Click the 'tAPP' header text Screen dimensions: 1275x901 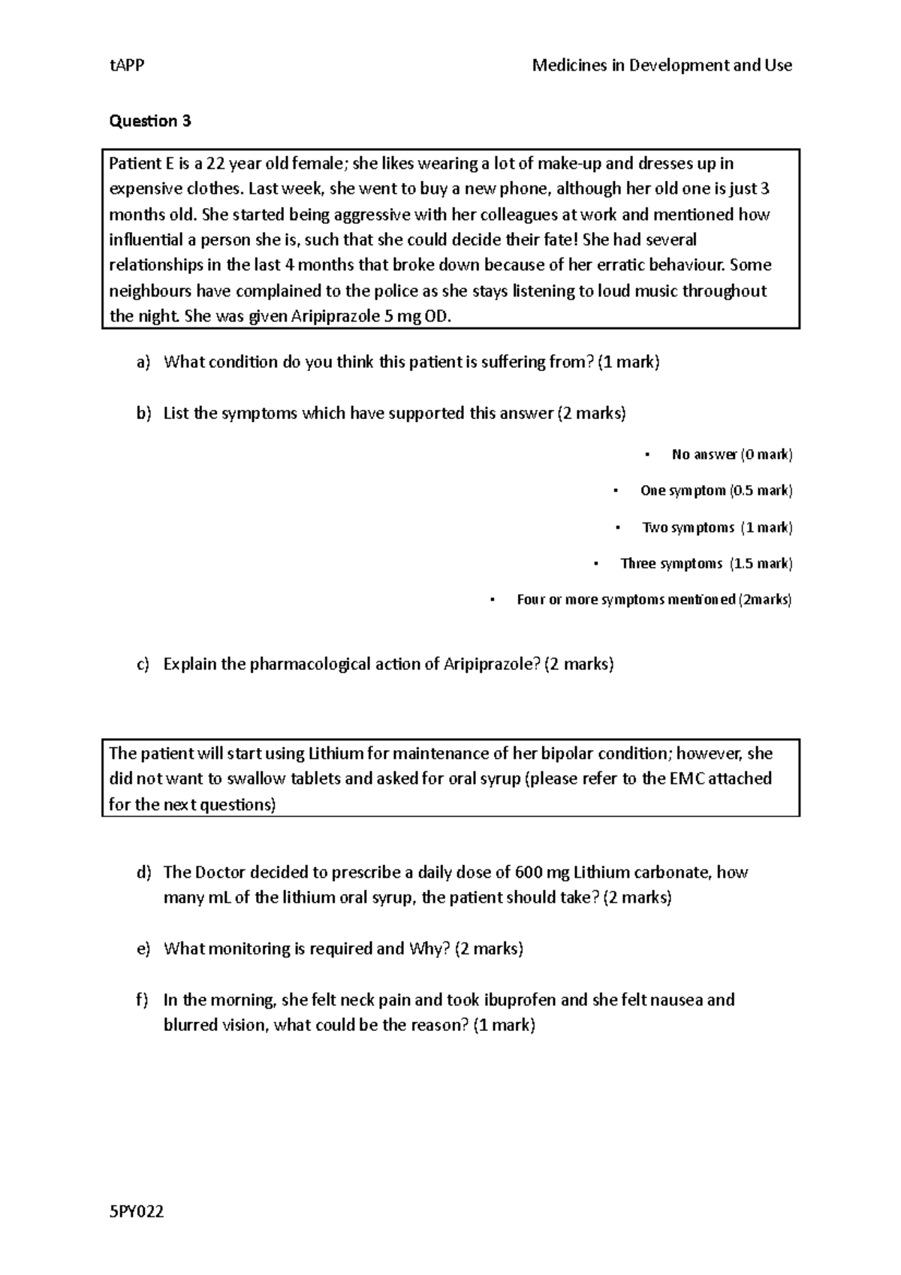126,65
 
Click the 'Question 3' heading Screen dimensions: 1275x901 150,121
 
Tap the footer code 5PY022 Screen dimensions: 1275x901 137,1212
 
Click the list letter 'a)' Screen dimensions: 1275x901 143,363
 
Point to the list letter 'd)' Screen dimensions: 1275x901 143,873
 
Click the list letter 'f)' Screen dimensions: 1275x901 143,1000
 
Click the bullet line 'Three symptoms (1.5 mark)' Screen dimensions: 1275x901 706,563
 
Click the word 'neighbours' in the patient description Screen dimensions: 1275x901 149,291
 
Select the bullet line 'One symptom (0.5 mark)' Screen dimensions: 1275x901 716,490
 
